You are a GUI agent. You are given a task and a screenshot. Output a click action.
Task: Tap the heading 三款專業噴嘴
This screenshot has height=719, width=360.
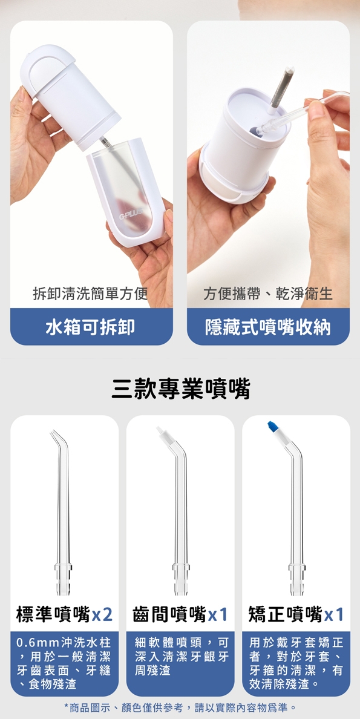(180, 389)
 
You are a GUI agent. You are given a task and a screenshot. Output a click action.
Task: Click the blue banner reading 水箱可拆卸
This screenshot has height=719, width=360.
(91, 327)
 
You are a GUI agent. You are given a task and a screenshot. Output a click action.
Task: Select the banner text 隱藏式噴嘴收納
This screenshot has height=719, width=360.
(268, 327)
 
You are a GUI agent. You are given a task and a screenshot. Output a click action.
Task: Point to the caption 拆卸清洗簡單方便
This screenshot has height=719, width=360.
(91, 294)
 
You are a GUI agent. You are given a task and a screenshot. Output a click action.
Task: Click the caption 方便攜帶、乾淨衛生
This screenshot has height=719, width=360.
(268, 294)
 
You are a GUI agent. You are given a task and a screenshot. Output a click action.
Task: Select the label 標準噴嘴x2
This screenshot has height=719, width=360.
(65, 614)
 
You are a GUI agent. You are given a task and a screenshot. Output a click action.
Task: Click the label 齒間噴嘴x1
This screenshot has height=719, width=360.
(180, 614)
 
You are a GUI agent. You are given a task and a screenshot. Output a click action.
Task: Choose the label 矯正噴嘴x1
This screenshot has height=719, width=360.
(296, 614)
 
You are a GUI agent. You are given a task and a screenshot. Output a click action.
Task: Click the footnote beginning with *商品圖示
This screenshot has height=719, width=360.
(180, 707)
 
